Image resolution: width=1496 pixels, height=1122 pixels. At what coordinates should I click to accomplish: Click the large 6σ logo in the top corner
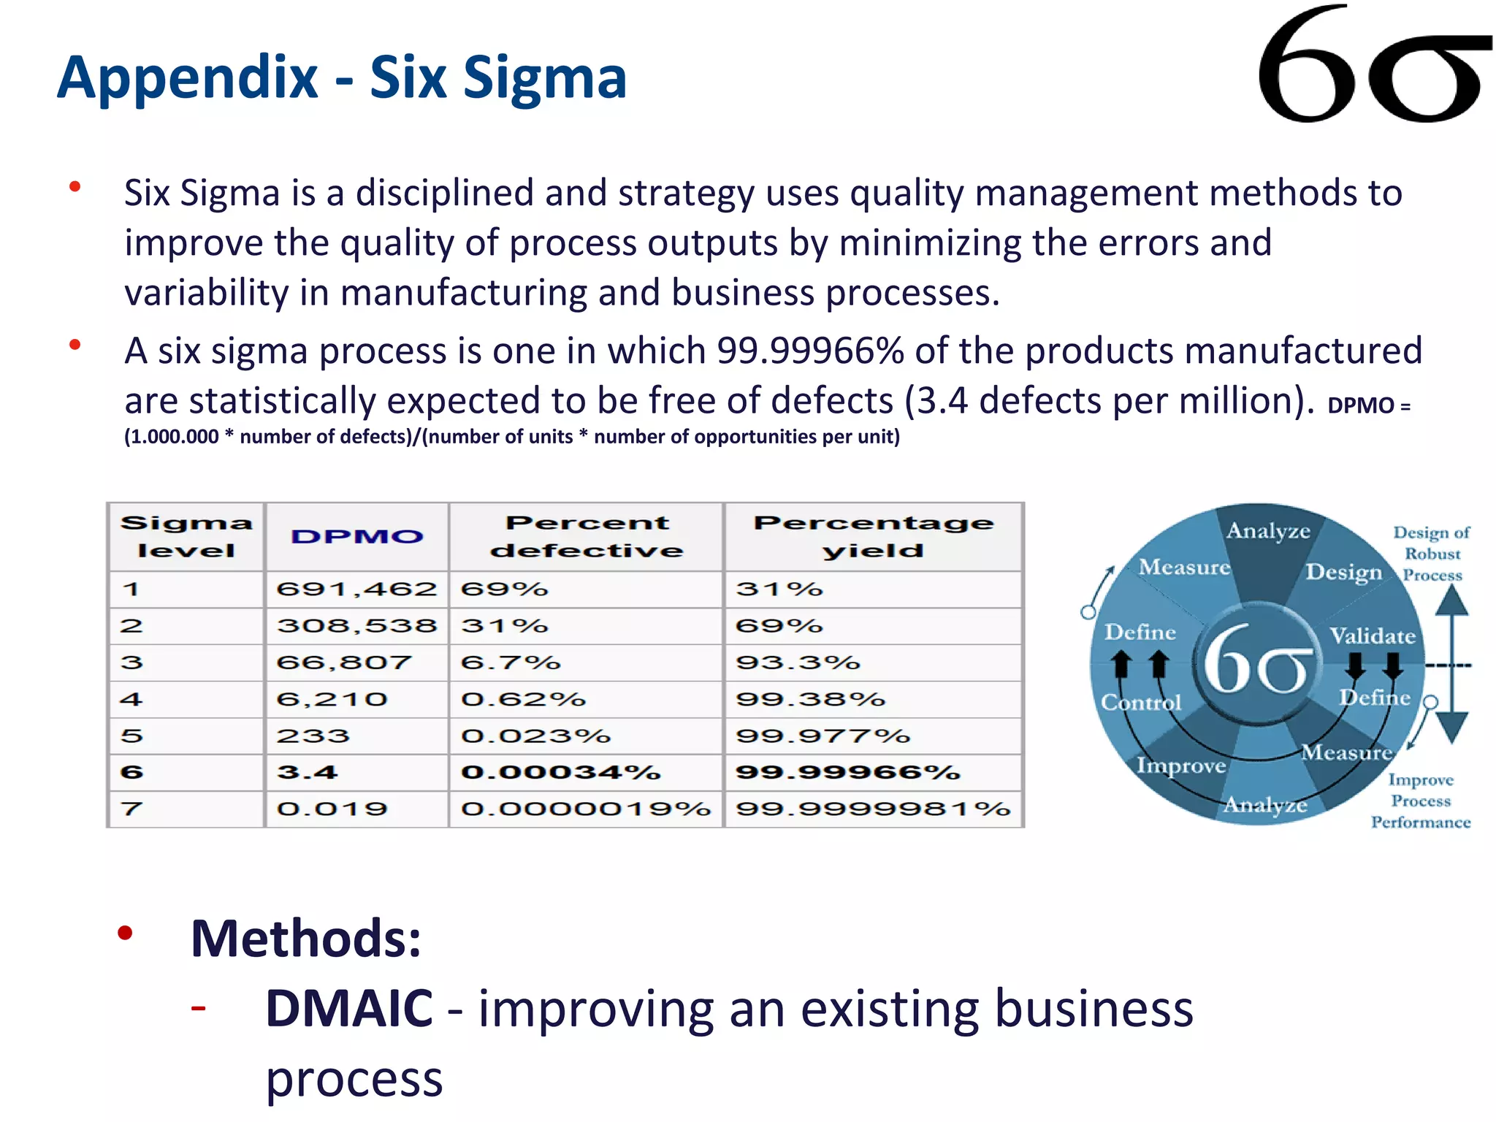(x=1373, y=66)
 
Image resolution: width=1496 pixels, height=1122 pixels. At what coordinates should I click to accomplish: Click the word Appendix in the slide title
(x=188, y=77)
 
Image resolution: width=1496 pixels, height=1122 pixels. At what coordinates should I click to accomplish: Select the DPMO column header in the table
(x=356, y=537)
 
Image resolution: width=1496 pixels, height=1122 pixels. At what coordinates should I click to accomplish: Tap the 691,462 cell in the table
(x=356, y=589)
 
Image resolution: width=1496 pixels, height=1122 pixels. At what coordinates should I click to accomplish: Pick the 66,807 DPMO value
(x=344, y=663)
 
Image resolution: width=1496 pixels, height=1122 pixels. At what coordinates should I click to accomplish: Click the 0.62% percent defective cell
(x=523, y=699)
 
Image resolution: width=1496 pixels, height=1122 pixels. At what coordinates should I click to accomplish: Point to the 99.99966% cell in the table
(x=847, y=772)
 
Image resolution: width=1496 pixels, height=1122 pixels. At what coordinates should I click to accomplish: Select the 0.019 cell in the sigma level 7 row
(x=332, y=809)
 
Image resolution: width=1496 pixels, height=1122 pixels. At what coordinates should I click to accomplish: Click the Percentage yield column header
(x=874, y=537)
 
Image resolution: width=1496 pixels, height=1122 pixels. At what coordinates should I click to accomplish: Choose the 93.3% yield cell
(x=798, y=663)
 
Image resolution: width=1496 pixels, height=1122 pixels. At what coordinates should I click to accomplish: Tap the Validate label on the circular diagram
(x=1372, y=636)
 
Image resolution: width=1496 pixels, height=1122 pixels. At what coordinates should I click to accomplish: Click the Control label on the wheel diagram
(x=1141, y=702)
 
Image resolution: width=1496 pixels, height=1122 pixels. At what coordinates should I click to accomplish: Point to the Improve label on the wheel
(x=1181, y=765)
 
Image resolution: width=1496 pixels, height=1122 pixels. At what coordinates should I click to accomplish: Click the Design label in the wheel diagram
(x=1344, y=572)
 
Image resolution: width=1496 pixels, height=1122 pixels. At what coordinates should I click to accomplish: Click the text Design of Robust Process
(x=1432, y=554)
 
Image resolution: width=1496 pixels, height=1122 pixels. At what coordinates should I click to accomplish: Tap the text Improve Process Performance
(x=1421, y=801)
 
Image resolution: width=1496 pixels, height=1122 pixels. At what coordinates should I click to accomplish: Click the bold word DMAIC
(x=349, y=1008)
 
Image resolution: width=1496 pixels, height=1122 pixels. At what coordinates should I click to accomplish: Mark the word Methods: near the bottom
(x=306, y=939)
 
